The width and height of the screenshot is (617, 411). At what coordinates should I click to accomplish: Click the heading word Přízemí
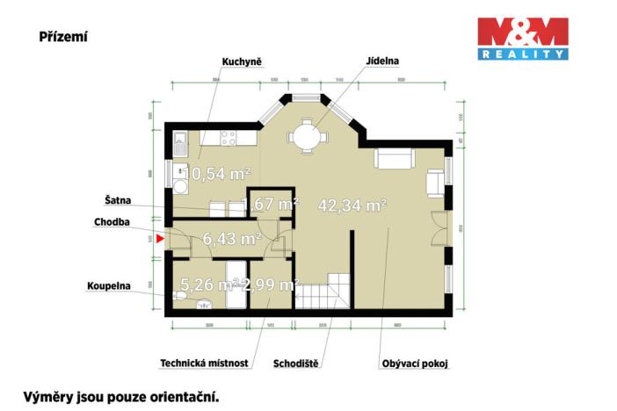tap(62, 37)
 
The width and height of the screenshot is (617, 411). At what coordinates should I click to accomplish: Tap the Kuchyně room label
tap(240, 61)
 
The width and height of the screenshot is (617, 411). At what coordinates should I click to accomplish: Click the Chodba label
tap(112, 222)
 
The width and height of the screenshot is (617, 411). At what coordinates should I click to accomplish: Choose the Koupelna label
tap(108, 286)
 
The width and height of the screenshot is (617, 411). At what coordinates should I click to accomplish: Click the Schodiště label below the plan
tap(295, 362)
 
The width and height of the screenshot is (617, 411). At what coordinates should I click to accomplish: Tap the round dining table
tap(308, 136)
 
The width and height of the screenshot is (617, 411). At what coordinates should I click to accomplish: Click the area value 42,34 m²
tap(353, 205)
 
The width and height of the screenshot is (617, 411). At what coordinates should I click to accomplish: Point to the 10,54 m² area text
tap(215, 174)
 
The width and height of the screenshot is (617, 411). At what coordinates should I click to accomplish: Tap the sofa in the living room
tap(394, 159)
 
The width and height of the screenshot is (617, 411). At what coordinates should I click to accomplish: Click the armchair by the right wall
tap(435, 182)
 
